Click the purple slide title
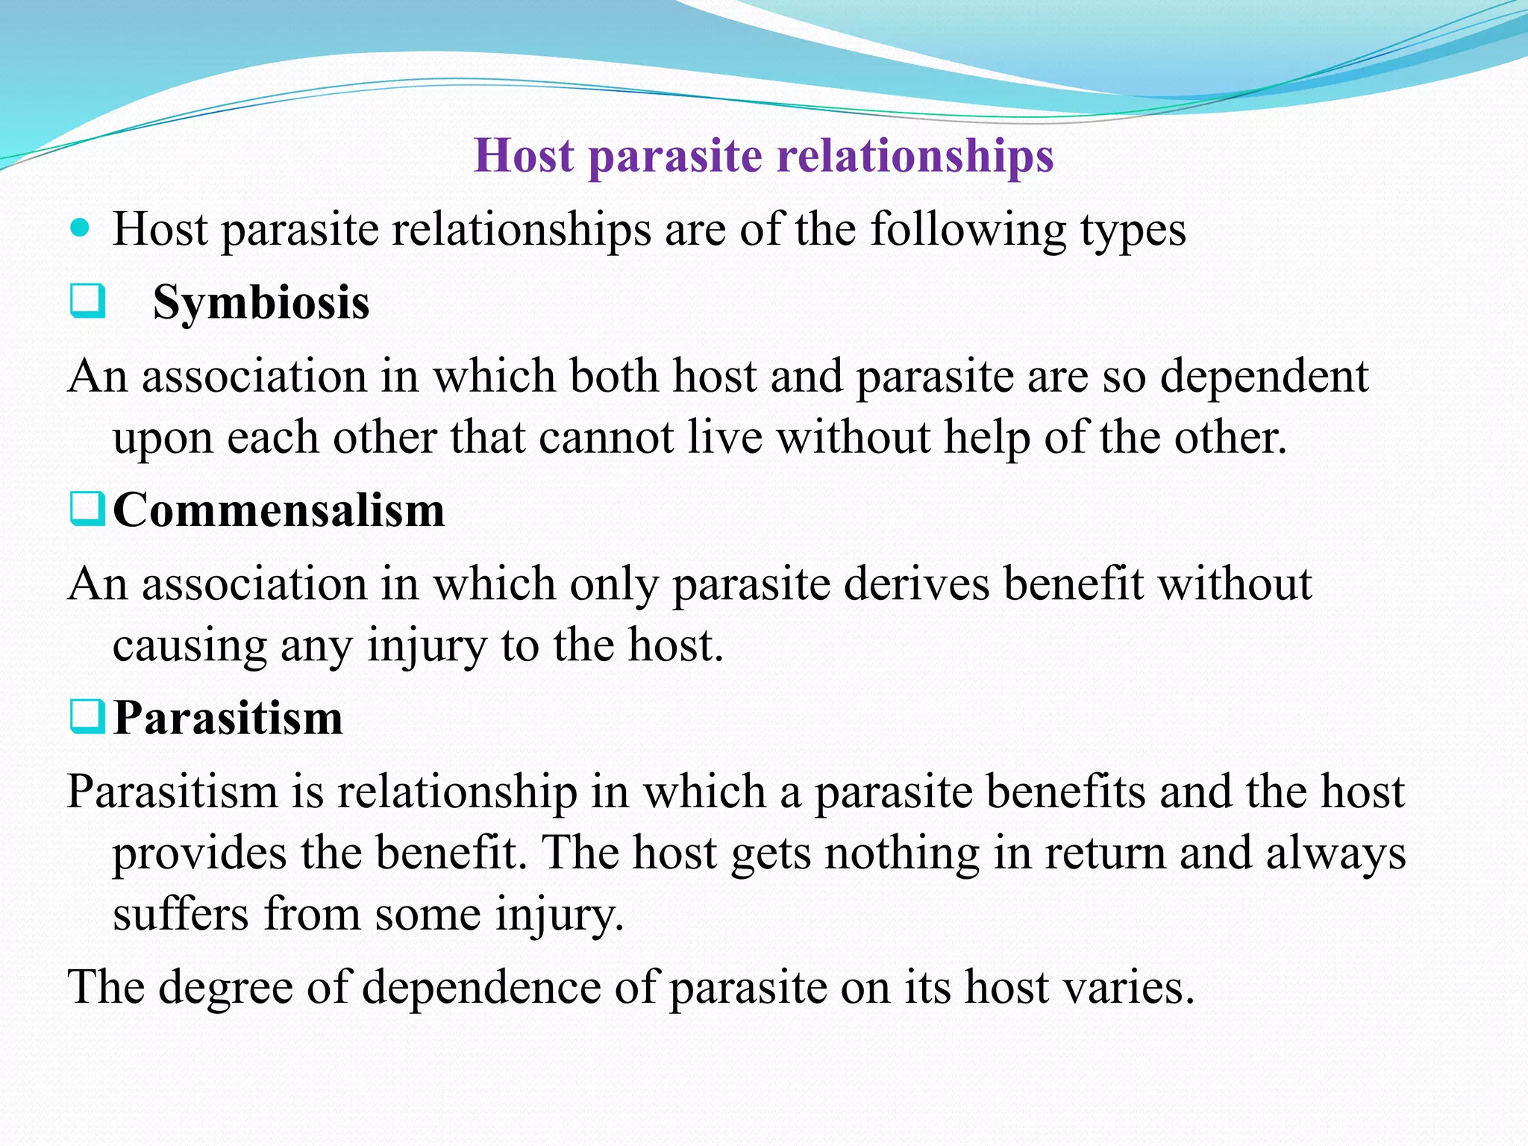coord(763,156)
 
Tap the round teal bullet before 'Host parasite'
coord(79,227)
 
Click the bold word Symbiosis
coord(261,303)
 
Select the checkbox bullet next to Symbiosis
coord(87,302)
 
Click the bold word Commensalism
coord(278,510)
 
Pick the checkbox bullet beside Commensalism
coord(87,510)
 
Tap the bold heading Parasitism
coord(228,718)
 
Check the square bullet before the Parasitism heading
coord(87,717)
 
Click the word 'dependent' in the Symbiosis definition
coord(1264,375)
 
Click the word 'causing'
coord(190,646)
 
